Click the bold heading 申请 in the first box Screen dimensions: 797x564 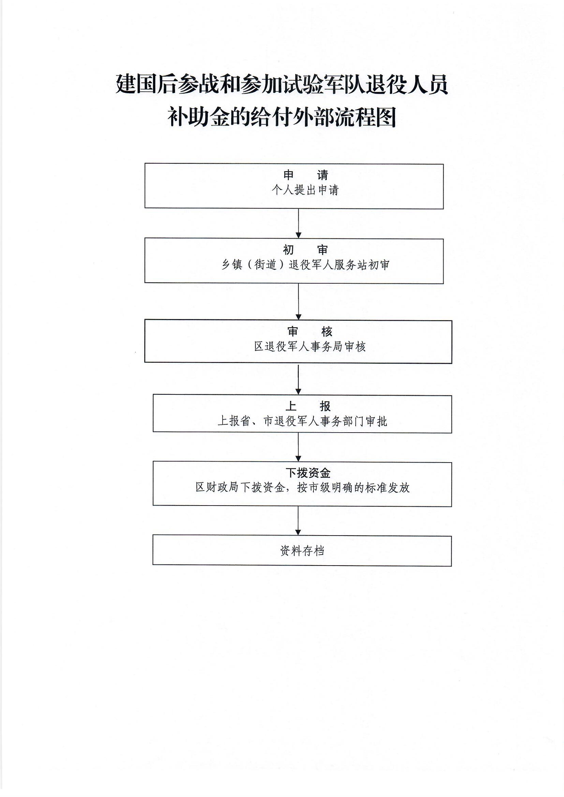[x=305, y=175]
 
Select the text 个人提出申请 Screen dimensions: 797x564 [x=305, y=190]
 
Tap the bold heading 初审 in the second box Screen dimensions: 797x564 [x=305, y=250]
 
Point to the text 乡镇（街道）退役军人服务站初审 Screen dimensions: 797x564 [x=305, y=265]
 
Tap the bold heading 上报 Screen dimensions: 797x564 [x=308, y=406]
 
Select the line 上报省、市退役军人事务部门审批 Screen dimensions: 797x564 [x=302, y=421]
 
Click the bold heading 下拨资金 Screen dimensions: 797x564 [x=308, y=473]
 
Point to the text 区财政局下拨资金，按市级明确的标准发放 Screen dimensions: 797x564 [x=302, y=488]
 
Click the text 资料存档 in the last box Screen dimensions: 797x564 [x=302, y=551]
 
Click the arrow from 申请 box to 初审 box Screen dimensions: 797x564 [x=298, y=224]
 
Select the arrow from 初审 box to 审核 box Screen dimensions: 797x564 [x=298, y=301]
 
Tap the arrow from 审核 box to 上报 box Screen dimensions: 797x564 [x=298, y=379]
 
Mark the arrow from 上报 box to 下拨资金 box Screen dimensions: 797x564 [x=298, y=447]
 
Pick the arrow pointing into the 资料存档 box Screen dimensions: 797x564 [x=298, y=521]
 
